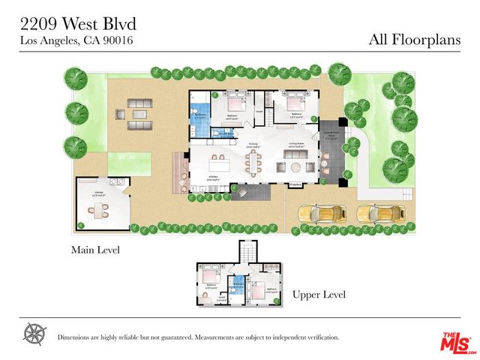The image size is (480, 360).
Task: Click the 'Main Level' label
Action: [x=95, y=250]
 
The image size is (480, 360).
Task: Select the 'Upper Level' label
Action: [x=319, y=295]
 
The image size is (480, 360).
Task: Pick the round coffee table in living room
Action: [x=295, y=166]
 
